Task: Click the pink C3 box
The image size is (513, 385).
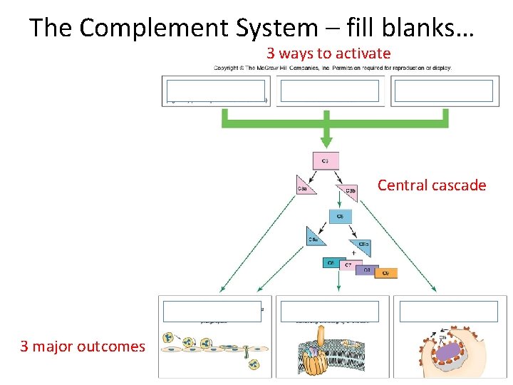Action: [326, 160]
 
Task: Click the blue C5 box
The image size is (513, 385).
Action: [339, 217]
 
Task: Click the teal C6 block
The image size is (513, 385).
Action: [331, 263]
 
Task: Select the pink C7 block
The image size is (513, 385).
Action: [348, 266]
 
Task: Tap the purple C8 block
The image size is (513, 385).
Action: [366, 269]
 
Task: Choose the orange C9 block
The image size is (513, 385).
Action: [385, 272]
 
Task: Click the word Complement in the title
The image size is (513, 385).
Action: [147, 28]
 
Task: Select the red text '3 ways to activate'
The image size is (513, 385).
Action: [328, 53]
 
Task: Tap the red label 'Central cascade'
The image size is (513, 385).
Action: [431, 185]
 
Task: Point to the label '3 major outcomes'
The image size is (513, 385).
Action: [82, 346]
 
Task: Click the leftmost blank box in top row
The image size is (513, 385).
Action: [215, 91]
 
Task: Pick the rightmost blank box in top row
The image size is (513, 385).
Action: [443, 91]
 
